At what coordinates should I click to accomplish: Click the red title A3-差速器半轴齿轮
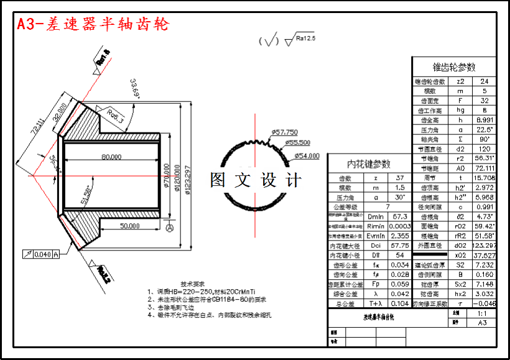coord(92,24)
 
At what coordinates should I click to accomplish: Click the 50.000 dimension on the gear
coord(129,226)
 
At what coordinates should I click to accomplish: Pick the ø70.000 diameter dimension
coord(167,180)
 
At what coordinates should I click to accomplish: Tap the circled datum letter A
coord(169,228)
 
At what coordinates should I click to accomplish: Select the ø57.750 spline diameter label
coord(284,132)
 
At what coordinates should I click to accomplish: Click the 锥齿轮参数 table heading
coord(454,67)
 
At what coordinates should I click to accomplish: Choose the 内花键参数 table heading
coord(369,164)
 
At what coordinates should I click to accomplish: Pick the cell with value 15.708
coord(484,177)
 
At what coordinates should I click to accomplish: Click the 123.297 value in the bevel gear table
coord(484,245)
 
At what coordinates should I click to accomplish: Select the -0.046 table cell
coord(484,303)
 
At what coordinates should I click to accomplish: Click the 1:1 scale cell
coord(483,314)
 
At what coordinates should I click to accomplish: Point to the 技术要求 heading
coord(192,282)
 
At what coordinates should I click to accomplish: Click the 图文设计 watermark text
coord(256,180)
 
